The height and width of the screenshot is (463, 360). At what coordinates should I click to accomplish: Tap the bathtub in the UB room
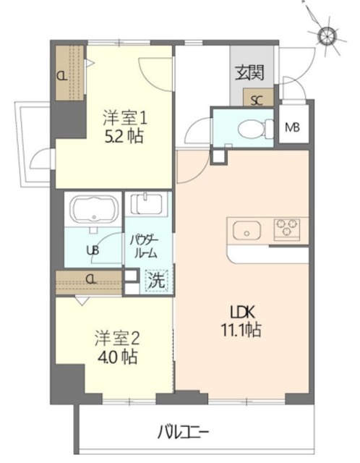[x=93, y=211]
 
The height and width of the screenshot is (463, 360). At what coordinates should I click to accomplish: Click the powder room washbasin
[x=149, y=208]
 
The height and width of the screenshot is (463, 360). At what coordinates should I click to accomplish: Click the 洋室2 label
[x=116, y=337]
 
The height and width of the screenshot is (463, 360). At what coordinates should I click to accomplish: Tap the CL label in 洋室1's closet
[x=63, y=75]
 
